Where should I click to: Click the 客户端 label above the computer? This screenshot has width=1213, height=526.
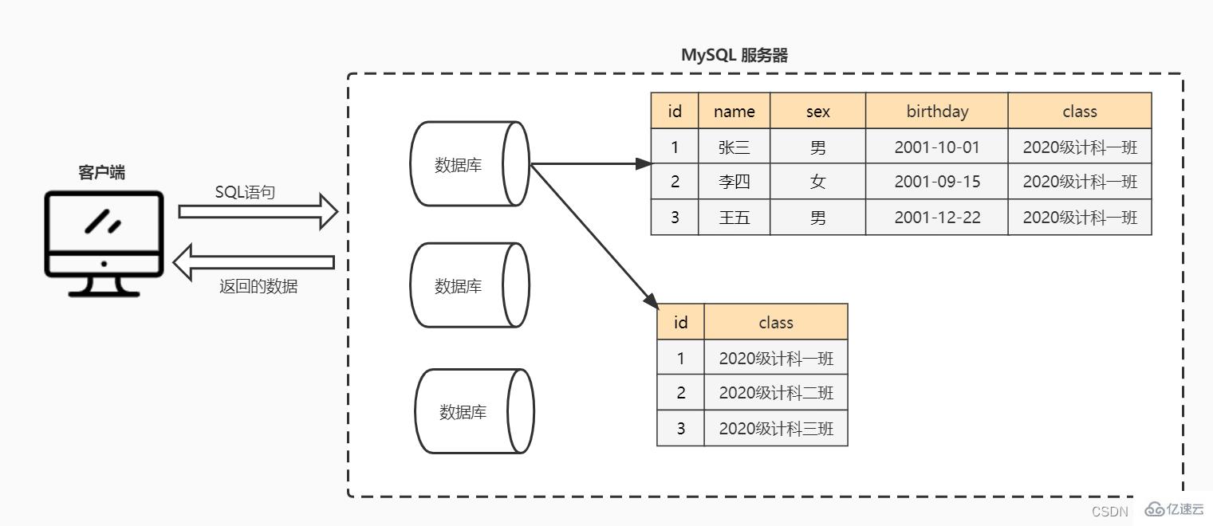101,173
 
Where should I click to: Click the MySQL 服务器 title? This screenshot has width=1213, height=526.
734,55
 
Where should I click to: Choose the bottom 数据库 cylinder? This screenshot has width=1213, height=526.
474,411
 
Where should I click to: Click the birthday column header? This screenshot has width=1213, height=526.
937,112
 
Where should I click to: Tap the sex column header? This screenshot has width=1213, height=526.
817,112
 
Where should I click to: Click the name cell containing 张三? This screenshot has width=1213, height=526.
734,147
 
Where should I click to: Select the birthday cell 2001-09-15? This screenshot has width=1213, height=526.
937,182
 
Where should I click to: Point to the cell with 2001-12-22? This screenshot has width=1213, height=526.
937,218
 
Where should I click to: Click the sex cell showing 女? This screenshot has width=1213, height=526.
817,182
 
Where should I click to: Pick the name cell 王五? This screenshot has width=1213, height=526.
734,218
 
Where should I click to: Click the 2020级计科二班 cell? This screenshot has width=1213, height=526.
775,393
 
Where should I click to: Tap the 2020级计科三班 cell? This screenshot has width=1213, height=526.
775,429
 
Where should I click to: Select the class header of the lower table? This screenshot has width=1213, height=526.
775,322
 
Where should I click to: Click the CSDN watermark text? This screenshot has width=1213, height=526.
1110,512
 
